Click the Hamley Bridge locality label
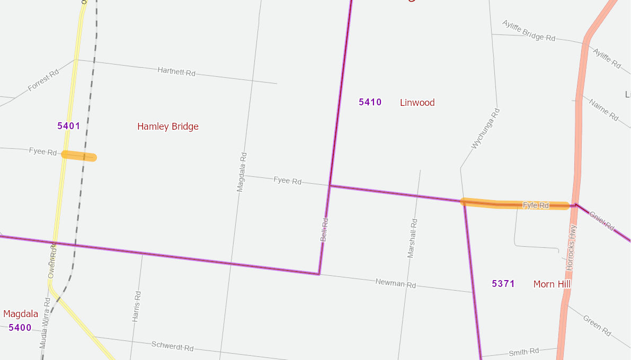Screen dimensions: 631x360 tap(168, 127)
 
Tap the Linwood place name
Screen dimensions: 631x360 tap(417, 103)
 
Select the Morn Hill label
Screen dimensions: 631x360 tap(552, 284)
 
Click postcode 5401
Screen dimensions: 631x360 tap(69, 126)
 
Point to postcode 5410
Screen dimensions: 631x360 tap(370, 102)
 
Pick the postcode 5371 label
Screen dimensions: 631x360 tap(503, 284)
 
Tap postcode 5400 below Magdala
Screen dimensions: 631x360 tap(20, 328)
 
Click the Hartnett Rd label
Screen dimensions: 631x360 tap(176, 71)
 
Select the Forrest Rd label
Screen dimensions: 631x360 tap(43, 80)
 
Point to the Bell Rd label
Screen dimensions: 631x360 tap(324, 230)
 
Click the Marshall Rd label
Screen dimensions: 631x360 tap(412, 238)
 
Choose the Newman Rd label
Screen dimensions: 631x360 tap(395, 283)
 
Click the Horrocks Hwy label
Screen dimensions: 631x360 tap(571, 248)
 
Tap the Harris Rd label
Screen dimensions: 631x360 tap(137, 307)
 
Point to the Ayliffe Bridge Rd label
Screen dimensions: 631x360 tap(529, 31)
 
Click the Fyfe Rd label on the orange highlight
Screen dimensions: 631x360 tap(536, 205)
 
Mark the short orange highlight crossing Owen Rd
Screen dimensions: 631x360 tap(79, 156)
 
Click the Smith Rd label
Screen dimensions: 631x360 tap(523, 352)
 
